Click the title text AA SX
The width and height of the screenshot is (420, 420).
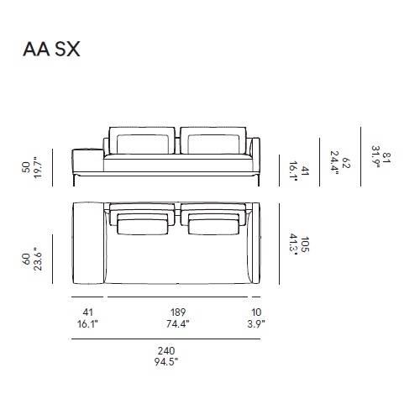[x=51, y=50]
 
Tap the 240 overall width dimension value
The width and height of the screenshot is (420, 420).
[x=166, y=350]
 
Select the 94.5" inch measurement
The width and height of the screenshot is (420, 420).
[x=166, y=362]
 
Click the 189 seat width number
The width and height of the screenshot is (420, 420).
[x=178, y=312]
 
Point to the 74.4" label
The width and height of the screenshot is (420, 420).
[x=178, y=324]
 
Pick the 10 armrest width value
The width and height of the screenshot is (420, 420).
[x=256, y=312]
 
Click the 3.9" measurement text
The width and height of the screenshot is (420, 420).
[x=256, y=324]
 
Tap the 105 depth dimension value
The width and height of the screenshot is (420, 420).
[x=305, y=244]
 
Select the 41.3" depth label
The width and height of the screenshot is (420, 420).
[x=293, y=244]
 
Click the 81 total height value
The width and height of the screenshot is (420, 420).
[x=386, y=157]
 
